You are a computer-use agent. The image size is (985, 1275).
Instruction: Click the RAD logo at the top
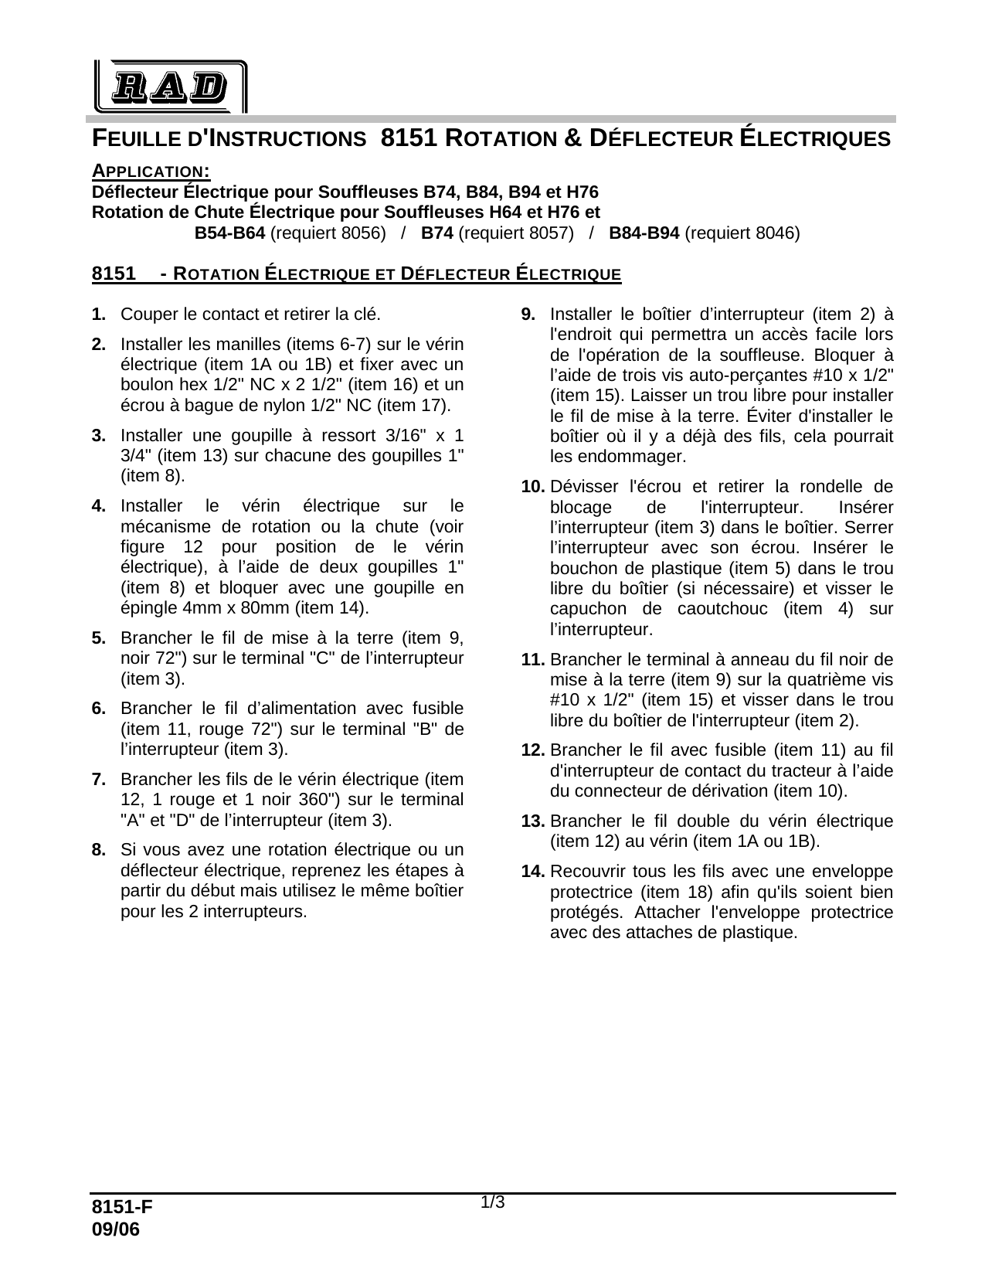pyautogui.click(x=170, y=87)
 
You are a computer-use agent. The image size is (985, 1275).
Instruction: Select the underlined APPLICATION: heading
pyautogui.click(x=151, y=171)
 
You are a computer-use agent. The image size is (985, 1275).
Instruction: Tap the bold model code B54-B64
pyautogui.click(x=229, y=233)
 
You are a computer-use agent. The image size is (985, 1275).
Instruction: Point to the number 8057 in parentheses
pyautogui.click(x=548, y=233)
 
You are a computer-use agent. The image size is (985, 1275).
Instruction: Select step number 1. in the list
pyautogui.click(x=98, y=314)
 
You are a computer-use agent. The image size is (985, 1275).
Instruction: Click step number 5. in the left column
pyautogui.click(x=98, y=638)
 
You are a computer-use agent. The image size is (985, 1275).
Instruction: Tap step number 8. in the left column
pyautogui.click(x=98, y=850)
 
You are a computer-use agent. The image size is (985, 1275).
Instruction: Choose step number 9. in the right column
pyautogui.click(x=528, y=314)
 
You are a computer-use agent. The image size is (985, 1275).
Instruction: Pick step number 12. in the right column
pyautogui.click(x=533, y=750)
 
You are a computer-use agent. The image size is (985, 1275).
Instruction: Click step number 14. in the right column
pyautogui.click(x=533, y=872)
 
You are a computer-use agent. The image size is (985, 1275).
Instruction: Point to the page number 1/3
pyautogui.click(x=493, y=1202)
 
